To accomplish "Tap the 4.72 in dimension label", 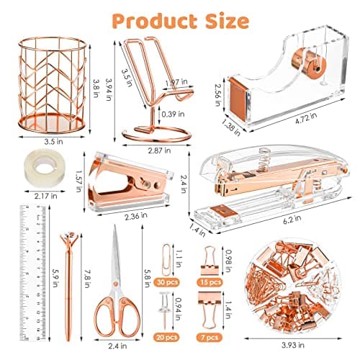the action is pyautogui.click(x=306, y=118).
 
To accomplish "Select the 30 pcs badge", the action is pyautogui.click(x=167, y=282).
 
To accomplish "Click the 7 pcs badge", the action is pyautogui.click(x=210, y=338).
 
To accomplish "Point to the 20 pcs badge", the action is pyautogui.click(x=167, y=338).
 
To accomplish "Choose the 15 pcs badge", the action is pyautogui.click(x=210, y=282).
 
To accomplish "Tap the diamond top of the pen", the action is pyautogui.click(x=69, y=238).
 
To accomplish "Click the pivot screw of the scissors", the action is pyautogui.click(x=116, y=284).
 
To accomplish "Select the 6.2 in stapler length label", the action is pyautogui.click(x=292, y=220).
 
